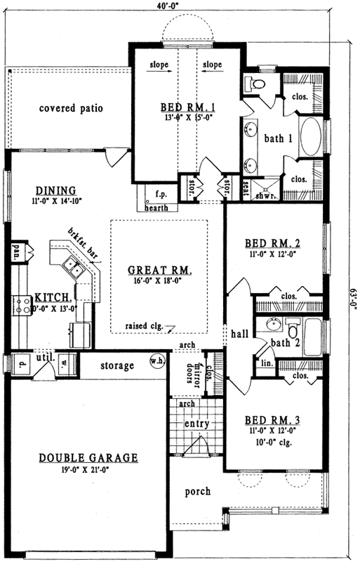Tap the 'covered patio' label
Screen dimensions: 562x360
[72, 109]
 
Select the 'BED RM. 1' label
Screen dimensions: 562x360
[187, 107]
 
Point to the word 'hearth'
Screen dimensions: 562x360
[156, 208]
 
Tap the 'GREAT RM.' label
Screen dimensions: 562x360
[160, 270]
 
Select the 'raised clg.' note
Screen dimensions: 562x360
[144, 327]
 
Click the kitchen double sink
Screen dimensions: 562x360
[73, 266]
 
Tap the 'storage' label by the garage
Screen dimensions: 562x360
[116, 366]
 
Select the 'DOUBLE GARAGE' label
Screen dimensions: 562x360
[88, 458]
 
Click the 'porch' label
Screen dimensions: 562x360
[198, 492]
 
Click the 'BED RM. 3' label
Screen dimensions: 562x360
[273, 421]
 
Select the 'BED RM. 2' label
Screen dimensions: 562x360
[273, 244]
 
